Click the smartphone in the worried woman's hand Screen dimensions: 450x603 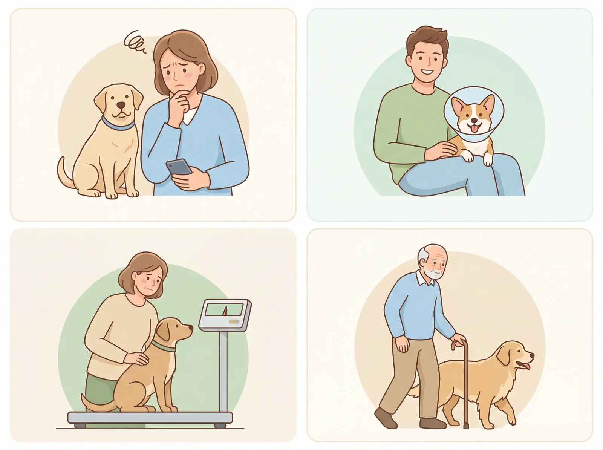179,167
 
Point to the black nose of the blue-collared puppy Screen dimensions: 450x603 121,105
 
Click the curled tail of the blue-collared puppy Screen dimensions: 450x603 65,176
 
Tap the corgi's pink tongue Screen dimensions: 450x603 472,130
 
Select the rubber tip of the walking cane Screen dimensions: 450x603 466,426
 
